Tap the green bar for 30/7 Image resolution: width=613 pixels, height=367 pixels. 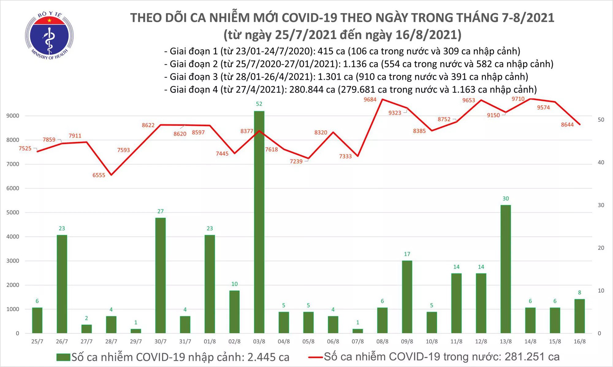coord(160,275)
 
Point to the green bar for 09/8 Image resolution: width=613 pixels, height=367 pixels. coord(407,297)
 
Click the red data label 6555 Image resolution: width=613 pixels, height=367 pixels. coord(99,175)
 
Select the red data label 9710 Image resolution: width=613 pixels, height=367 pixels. coord(518,99)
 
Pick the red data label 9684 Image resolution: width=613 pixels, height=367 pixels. coord(370,99)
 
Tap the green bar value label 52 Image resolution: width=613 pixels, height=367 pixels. coord(259,104)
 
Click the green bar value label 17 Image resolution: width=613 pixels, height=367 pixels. coord(407,254)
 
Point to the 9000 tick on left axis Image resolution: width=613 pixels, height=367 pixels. coord(13,116)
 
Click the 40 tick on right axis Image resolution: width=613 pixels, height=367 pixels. coord(601,162)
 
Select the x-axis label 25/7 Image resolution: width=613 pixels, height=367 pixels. coord(37,342)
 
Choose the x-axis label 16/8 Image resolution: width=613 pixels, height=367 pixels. coord(579,342)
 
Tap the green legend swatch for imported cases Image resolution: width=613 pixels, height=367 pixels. coord(63,357)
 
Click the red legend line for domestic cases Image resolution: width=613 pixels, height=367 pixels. coord(315,357)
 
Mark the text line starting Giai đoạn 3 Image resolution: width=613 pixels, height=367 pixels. coord(346,77)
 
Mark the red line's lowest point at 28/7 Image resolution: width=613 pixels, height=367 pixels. coord(111,175)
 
